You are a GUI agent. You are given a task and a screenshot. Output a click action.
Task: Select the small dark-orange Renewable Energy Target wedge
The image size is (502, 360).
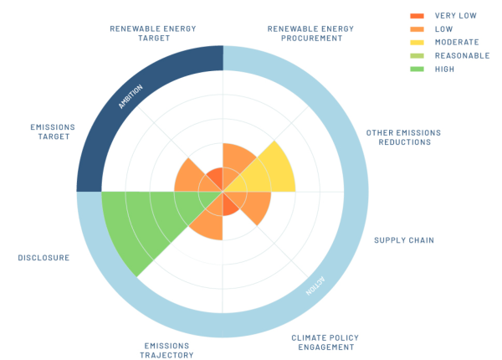pos(215,178)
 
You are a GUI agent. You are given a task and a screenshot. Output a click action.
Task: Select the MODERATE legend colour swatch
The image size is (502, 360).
pos(417,42)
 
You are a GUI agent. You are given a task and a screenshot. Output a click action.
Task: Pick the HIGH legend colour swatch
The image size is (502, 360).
pos(417,69)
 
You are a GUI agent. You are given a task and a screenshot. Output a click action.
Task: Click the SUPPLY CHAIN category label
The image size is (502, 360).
pos(403,240)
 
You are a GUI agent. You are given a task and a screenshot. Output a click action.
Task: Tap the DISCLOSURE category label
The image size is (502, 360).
pos(44,258)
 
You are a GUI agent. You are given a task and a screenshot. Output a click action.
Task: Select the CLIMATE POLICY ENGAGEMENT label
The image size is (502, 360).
pos(323,342)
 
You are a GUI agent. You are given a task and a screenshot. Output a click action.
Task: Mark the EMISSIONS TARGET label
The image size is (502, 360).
pos(51,132)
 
